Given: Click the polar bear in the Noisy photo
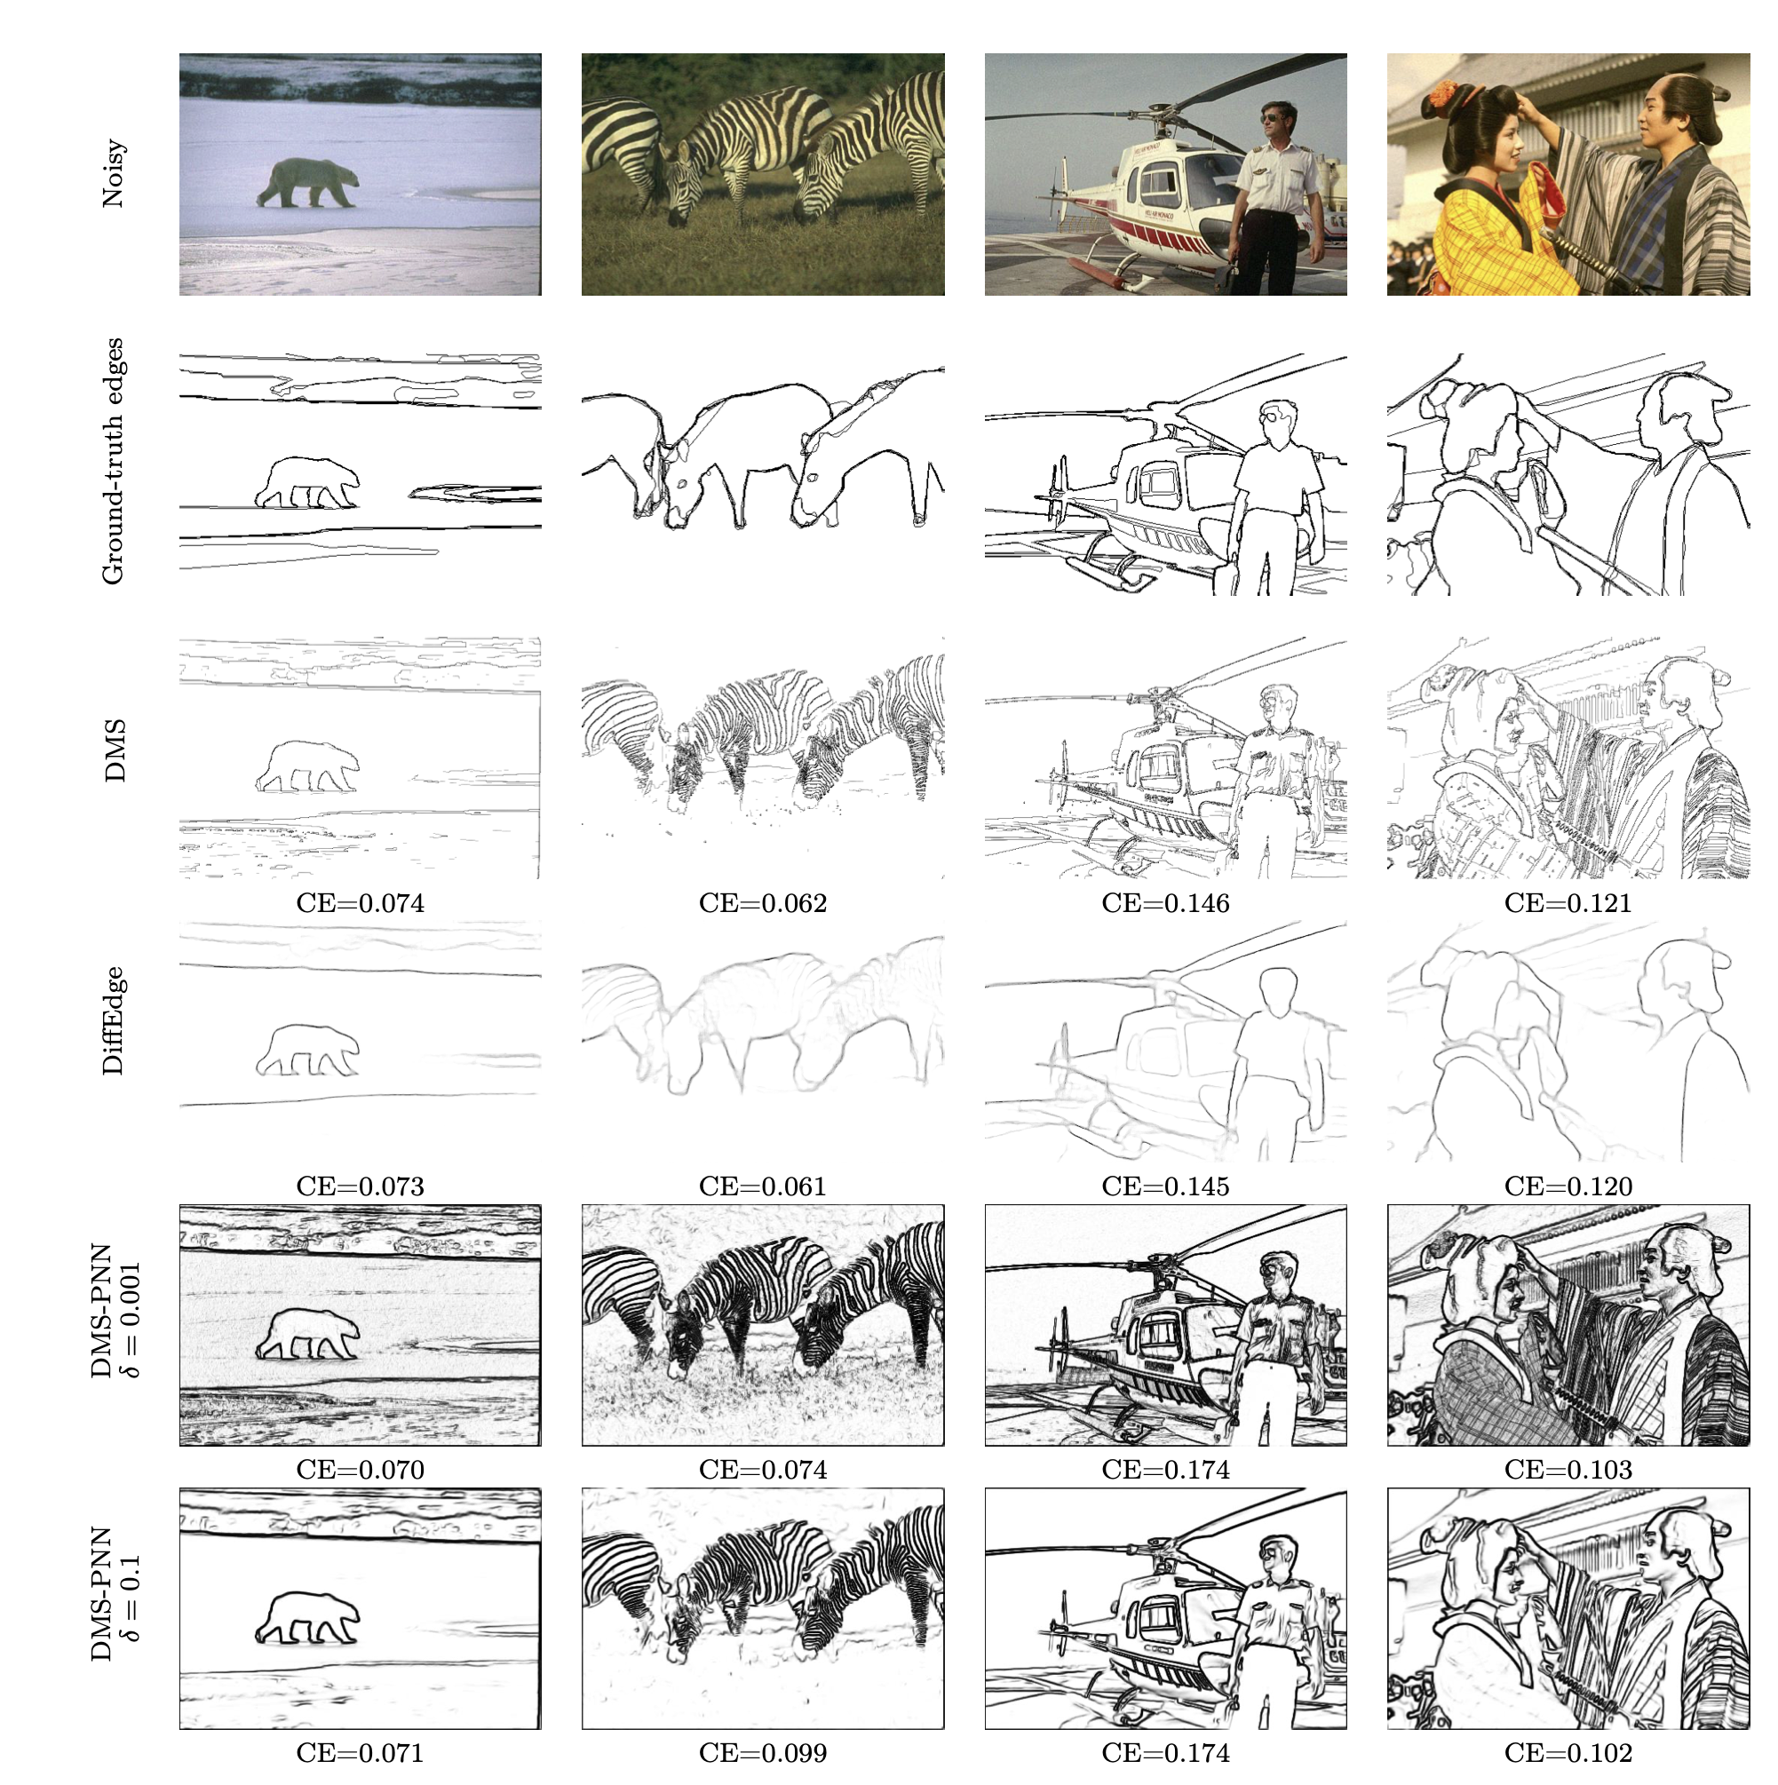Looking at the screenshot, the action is (x=306, y=183).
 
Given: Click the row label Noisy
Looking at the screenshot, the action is (x=113, y=174).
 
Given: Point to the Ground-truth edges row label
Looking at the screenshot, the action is (x=113, y=462).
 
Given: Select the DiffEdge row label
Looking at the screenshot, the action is (x=113, y=1020).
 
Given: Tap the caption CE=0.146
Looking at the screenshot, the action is (x=1165, y=903).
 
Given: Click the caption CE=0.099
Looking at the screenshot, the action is (x=762, y=1753).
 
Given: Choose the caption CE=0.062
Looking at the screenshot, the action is (x=762, y=903).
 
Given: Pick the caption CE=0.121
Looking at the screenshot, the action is (x=1568, y=903).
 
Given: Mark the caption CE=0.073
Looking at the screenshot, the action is (x=361, y=1186).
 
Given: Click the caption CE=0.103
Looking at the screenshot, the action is (x=1568, y=1470).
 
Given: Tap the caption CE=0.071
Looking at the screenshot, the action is (x=361, y=1753).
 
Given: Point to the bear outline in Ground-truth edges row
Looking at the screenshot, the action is (x=306, y=483).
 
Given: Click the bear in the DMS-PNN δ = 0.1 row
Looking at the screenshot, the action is (x=306, y=1619).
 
